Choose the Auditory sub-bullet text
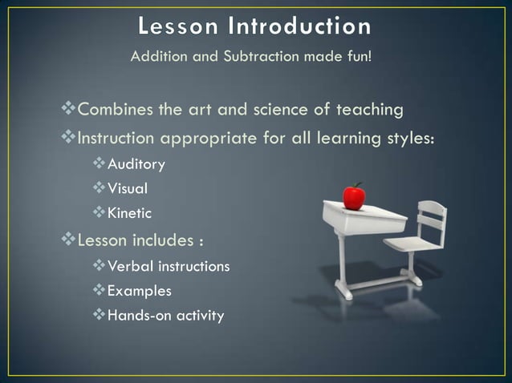click(x=136, y=164)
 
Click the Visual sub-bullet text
click(x=128, y=189)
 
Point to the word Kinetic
click(x=129, y=214)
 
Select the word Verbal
click(x=129, y=266)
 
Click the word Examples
click(x=139, y=291)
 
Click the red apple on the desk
click(x=354, y=196)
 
